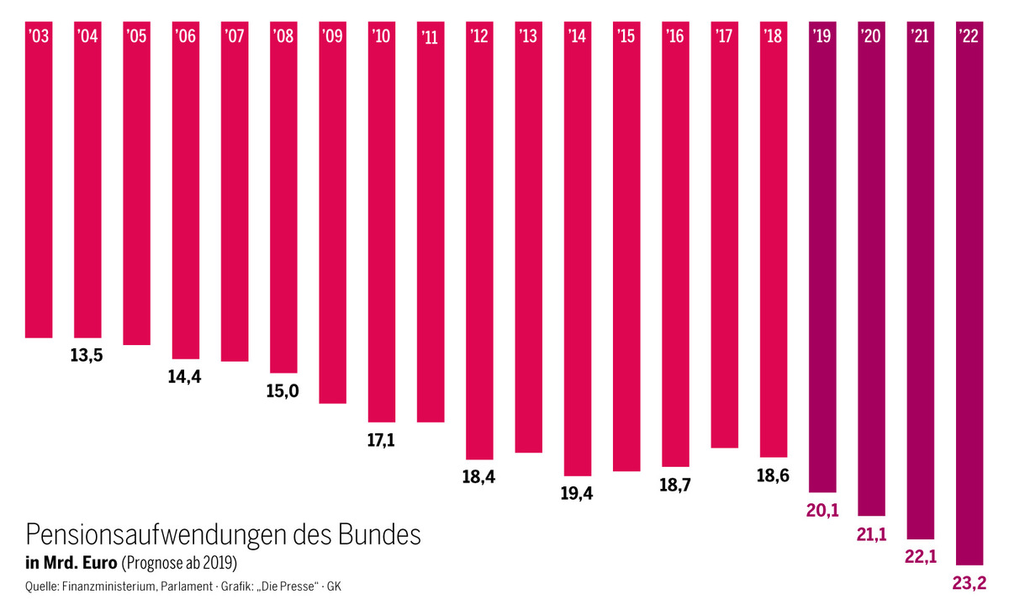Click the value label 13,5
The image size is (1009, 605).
(87, 355)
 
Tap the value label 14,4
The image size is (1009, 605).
(185, 377)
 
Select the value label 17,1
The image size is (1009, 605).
(381, 440)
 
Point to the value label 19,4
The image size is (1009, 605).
(577, 494)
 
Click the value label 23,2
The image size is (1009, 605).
(969, 582)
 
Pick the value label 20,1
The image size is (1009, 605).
(822, 510)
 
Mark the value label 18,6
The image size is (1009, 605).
(773, 475)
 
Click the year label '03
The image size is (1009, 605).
(39, 36)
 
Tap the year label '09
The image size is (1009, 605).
(333, 36)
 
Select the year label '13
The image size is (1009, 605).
(529, 36)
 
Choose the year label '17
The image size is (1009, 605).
(725, 36)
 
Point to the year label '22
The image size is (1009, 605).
(969, 36)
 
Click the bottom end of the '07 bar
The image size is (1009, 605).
(235, 360)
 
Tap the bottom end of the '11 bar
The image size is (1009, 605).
(431, 421)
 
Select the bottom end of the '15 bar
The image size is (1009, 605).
(626, 470)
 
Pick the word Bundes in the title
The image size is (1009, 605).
(379, 535)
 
